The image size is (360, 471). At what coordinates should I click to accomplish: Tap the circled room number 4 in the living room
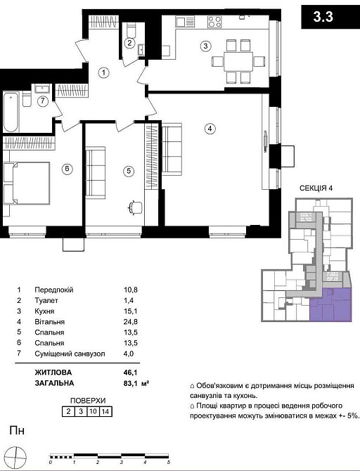pos(210,129)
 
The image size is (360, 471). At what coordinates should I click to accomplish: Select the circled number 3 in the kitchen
pos(205,46)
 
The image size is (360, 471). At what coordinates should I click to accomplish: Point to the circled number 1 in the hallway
pos(103,72)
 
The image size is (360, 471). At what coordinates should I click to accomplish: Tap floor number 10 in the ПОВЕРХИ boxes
pos(92,412)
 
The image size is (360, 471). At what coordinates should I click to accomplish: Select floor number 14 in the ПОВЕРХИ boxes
pos(105,412)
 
